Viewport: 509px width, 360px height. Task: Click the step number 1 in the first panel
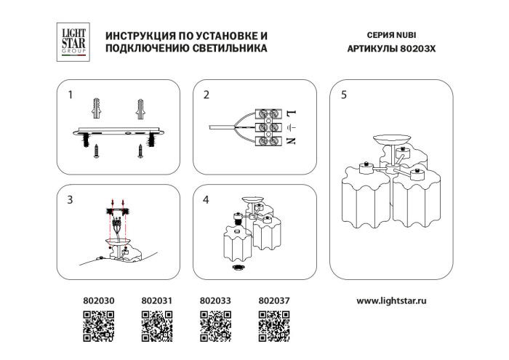[71, 95]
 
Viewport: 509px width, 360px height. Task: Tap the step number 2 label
[207, 95]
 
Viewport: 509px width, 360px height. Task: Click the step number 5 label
[343, 95]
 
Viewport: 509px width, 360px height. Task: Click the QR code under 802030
[97, 326]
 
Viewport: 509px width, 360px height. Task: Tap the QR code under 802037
[274, 326]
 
